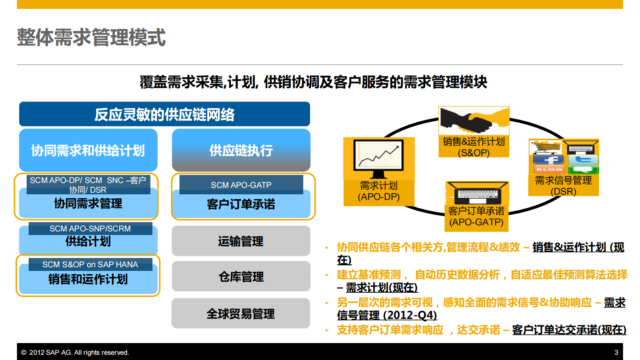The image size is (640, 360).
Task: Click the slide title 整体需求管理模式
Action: tap(91, 37)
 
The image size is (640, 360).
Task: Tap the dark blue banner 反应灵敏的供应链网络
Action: tap(165, 114)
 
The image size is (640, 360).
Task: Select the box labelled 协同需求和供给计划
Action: tap(88, 150)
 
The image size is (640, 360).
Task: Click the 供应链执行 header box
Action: tap(241, 150)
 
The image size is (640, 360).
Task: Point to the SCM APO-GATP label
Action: tap(241, 185)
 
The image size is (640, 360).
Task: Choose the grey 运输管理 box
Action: tap(241, 241)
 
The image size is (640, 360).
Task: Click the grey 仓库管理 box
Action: tap(241, 277)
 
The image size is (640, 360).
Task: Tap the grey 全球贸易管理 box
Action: tap(241, 314)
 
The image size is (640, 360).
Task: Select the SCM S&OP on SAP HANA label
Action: tap(90, 264)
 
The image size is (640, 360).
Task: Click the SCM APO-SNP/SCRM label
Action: tap(90, 229)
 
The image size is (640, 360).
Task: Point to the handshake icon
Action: tap(474, 120)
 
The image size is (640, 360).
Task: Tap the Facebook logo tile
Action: tap(548, 160)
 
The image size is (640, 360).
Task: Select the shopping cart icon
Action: tap(545, 147)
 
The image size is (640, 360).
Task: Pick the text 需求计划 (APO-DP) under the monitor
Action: tap(379, 191)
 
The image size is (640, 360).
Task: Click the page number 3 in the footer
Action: tap(616, 352)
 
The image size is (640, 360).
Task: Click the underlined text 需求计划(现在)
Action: tap(381, 287)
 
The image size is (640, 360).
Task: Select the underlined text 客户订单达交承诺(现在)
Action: tap(569, 330)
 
